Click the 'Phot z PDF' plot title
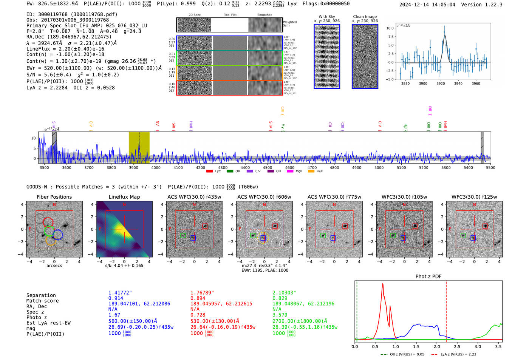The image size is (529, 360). (x=428, y=277)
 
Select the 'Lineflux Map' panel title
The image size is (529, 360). (x=124, y=197)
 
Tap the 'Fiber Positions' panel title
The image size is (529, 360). (x=54, y=197)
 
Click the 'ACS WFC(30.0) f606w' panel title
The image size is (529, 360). (x=264, y=197)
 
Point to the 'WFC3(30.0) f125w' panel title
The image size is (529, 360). (x=474, y=197)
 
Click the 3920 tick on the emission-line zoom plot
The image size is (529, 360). (x=441, y=83)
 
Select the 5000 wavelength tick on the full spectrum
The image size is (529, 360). (x=379, y=168)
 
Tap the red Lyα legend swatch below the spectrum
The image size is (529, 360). (x=210, y=172)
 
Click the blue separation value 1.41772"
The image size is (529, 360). (x=120, y=293)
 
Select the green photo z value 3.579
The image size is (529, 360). (x=280, y=315)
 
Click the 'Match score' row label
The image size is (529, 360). (x=43, y=301)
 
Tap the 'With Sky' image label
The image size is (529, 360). (x=327, y=17)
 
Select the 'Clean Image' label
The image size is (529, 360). (x=365, y=17)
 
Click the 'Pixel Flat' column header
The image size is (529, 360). (x=230, y=15)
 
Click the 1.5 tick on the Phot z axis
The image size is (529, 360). (x=416, y=346)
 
